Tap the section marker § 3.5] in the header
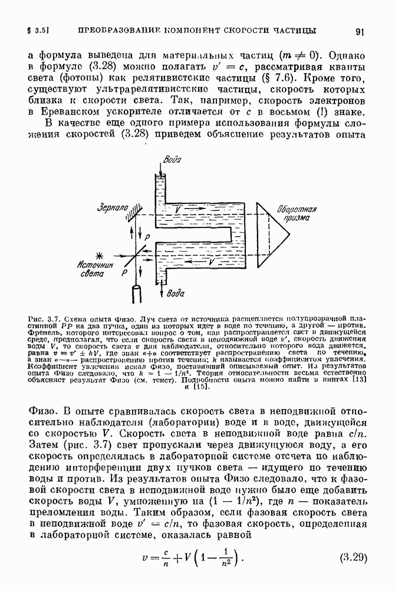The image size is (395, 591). pyautogui.click(x=38, y=30)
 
